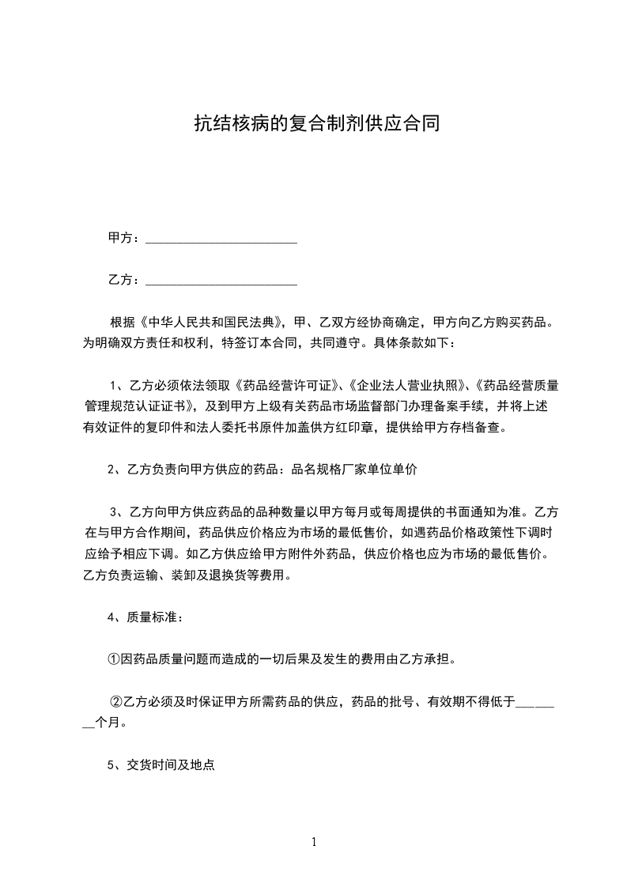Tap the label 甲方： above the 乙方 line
pyautogui.click(x=124, y=237)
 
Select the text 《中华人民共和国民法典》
pyautogui.click(x=210, y=323)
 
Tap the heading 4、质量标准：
pyautogui.click(x=145, y=617)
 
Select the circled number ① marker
pyautogui.click(x=114, y=659)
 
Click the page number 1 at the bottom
pyautogui.click(x=314, y=842)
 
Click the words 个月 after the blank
pyautogui.click(x=108, y=722)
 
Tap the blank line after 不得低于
pyautogui.click(x=535, y=700)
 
